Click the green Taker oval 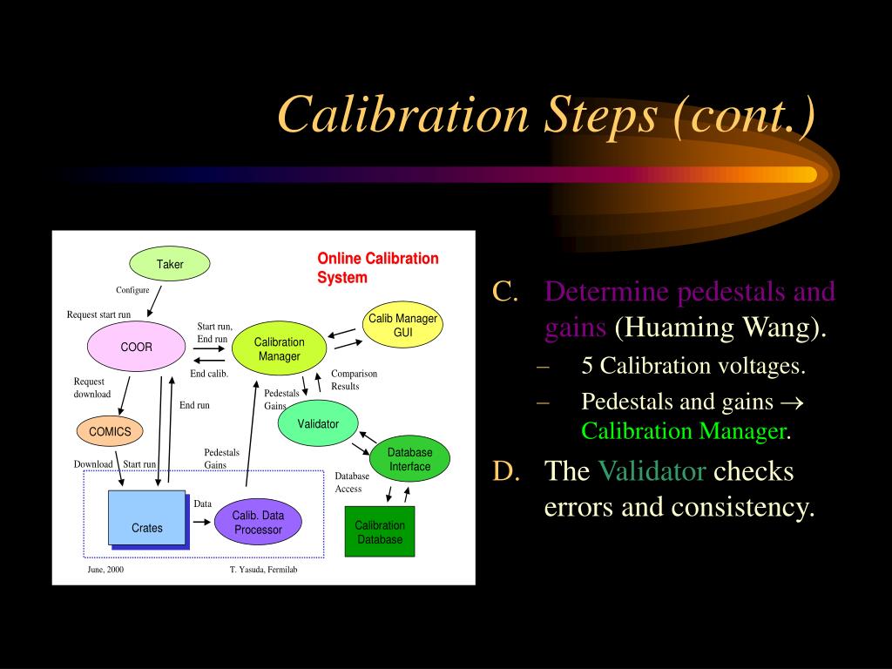coord(170,264)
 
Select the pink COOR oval coord(136,347)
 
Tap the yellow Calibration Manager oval coord(279,349)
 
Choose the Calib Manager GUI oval coord(402,326)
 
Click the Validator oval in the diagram coord(318,423)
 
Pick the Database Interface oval coord(409,459)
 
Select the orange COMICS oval coord(110,431)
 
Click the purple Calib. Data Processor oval coord(258,523)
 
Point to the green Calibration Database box coord(379,532)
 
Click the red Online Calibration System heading coord(377,267)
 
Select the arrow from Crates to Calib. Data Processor coord(201,523)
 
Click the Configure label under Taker coord(132,290)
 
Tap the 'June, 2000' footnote coord(105,569)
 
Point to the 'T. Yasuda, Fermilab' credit coord(263,569)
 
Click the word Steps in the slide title coord(600,115)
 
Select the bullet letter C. coord(505,292)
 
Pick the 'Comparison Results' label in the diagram coord(354,380)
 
